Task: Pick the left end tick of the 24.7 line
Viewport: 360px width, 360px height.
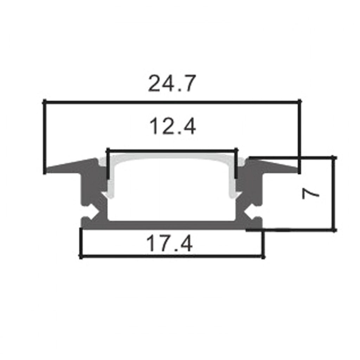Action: pos(45,102)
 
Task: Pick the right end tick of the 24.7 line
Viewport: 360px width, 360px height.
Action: pos(300,102)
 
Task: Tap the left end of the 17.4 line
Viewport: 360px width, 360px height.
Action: pos(81,257)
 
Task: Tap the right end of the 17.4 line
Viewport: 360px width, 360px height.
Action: pos(263,257)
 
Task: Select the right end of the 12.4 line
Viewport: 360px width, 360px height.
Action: pos(236,150)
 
